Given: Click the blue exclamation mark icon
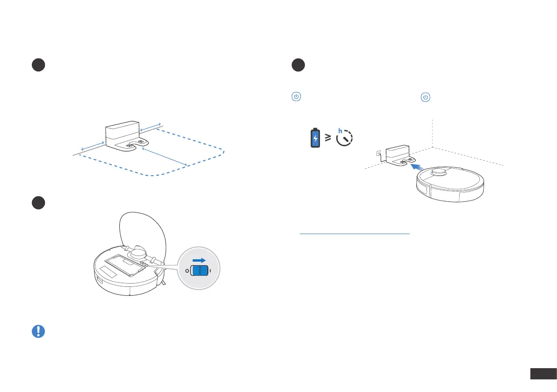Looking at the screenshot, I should click(38, 331).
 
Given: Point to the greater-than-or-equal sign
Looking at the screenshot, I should click(329, 137).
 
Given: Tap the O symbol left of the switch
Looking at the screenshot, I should click(187, 271).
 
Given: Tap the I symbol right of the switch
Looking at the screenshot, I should click(211, 271).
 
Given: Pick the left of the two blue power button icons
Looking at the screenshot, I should click(296, 97).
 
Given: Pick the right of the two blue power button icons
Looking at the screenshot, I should click(425, 97).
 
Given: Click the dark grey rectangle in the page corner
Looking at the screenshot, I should click(543, 374).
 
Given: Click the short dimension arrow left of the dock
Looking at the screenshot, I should click(93, 146).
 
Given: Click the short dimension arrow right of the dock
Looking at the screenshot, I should click(151, 127).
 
